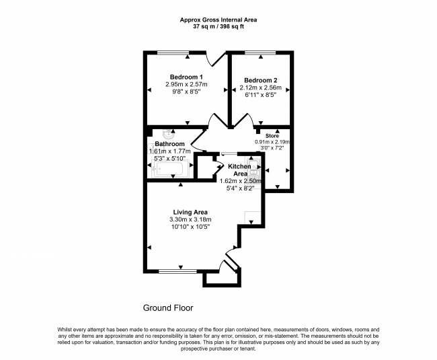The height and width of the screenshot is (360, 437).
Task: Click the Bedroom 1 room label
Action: pos(186,77)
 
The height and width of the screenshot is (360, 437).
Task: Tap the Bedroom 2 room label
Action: pos(261,80)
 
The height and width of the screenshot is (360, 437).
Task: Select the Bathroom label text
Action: pos(169,144)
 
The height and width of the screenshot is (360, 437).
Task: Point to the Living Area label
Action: pos(190,212)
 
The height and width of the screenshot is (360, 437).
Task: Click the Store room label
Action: pos(272,136)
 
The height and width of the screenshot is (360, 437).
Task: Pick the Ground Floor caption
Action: pos(168,308)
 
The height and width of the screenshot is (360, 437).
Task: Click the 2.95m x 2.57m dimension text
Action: pos(186,84)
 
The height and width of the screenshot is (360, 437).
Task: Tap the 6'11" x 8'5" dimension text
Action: pos(261,95)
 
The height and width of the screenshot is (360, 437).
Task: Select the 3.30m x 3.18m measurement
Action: pos(190,219)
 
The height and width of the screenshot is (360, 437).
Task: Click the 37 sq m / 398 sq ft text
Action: pos(218,27)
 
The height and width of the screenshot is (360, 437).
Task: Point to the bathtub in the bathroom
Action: pos(169,169)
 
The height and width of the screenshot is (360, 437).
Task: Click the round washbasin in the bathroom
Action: pos(169,135)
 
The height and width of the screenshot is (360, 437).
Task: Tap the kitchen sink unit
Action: pos(254,170)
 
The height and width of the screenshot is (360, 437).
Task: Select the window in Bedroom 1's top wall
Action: pos(173,52)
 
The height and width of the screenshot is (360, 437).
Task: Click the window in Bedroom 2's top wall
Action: pos(260,52)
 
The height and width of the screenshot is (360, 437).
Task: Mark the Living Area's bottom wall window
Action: pos(177,271)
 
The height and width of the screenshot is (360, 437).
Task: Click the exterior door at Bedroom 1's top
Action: pos(215,59)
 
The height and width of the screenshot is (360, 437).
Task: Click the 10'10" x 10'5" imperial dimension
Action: pos(190,227)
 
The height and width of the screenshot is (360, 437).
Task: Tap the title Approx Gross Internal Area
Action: pos(218,20)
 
